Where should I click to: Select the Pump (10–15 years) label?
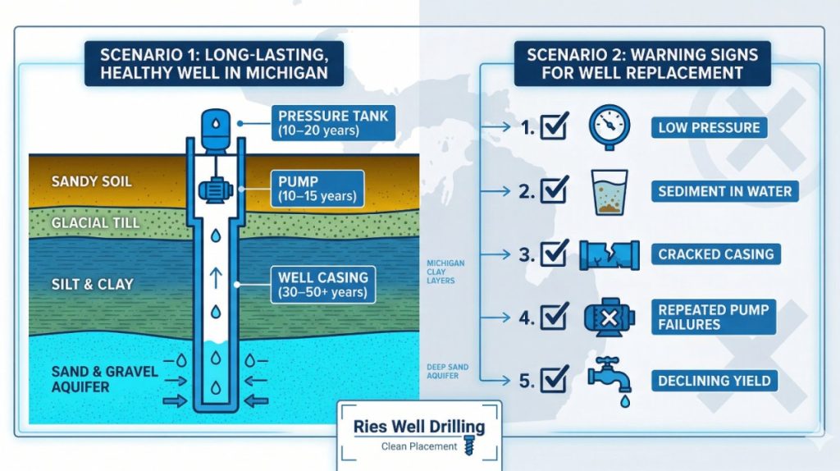pyautogui.click(x=317, y=188)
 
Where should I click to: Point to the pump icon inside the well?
pyautogui.click(x=214, y=190)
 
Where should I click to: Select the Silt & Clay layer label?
pyautogui.click(x=92, y=284)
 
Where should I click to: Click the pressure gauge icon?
pyautogui.click(x=609, y=127)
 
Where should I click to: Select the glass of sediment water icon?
pyautogui.click(x=609, y=191)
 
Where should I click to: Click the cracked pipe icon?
pyautogui.click(x=609, y=254)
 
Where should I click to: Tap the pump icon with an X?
pyautogui.click(x=609, y=317)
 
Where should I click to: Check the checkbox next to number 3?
pyautogui.click(x=555, y=254)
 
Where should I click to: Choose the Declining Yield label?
pyautogui.click(x=714, y=380)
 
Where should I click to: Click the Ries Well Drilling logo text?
pyautogui.click(x=419, y=427)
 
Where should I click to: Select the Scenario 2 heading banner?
pyautogui.click(x=642, y=63)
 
